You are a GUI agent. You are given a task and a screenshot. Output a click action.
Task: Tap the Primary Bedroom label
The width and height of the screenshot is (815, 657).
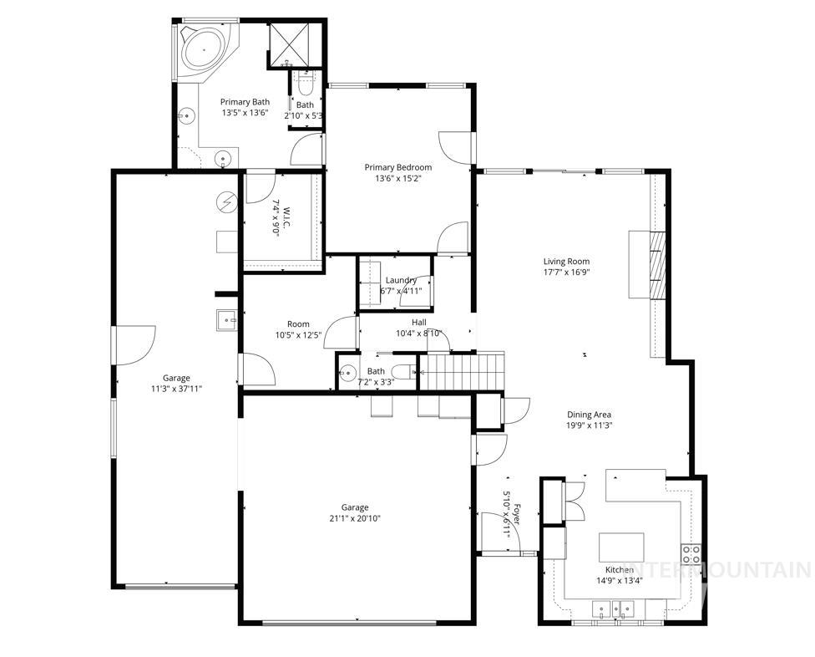tap(398, 167)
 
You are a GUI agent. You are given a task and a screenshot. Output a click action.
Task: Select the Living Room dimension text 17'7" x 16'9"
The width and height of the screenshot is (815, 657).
tap(566, 272)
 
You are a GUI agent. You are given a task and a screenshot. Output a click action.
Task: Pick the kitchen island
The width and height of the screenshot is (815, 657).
tap(622, 547)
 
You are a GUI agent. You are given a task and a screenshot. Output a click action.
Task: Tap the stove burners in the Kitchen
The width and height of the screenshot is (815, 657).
tap(691, 553)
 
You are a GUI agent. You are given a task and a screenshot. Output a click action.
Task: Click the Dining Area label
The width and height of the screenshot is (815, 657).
tap(590, 415)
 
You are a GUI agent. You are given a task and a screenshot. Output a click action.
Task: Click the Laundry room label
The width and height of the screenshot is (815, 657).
tap(401, 281)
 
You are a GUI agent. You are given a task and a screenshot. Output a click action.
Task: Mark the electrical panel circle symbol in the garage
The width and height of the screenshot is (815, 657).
tap(226, 201)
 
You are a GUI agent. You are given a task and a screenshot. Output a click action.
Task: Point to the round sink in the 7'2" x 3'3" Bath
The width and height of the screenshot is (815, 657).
tap(348, 373)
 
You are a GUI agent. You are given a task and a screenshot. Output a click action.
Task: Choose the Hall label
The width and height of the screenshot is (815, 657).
tap(418, 323)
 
